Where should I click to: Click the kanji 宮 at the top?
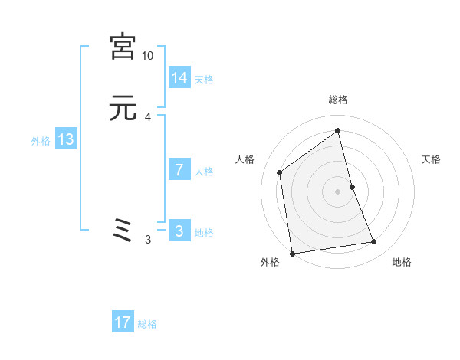click(123, 47)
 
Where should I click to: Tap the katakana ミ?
click(123, 231)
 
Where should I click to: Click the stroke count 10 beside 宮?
click(148, 56)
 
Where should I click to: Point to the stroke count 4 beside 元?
click(148, 117)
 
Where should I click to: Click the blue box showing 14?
click(179, 78)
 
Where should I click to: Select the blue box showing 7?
click(179, 170)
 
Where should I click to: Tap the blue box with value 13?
click(66, 140)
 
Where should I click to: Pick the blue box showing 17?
click(123, 322)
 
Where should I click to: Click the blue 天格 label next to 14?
click(204, 80)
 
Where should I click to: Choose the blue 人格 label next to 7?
click(204, 172)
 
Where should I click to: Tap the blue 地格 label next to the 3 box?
click(204, 233)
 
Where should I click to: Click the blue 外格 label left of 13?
click(41, 141)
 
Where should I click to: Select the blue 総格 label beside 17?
click(147, 324)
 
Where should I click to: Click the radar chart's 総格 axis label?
click(337, 100)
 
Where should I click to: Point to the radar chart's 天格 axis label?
click(432, 159)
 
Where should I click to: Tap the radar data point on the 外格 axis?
click(291, 253)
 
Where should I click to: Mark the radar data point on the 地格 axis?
click(374, 242)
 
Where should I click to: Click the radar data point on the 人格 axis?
click(280, 172)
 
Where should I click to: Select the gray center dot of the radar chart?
click(337, 191)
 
